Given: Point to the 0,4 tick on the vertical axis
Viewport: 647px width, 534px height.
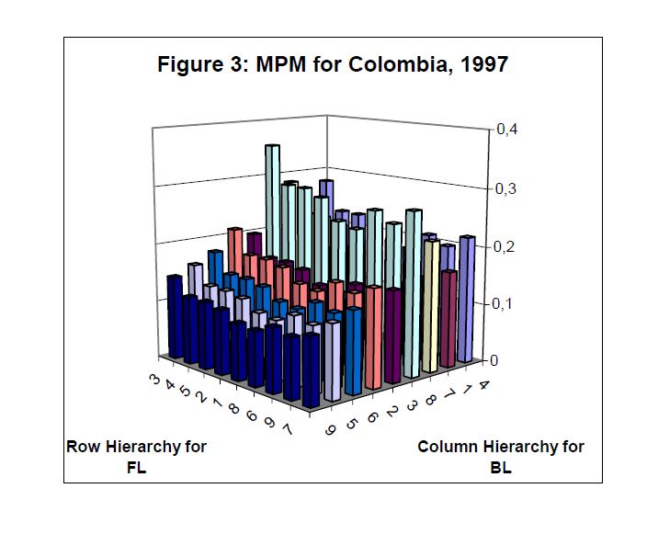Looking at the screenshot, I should pos(507,130).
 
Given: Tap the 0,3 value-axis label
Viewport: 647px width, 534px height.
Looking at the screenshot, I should pos(507,188).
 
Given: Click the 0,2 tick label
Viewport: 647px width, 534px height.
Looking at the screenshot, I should pos(507,246).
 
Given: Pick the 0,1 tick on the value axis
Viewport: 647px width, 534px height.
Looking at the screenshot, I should pos(507,303).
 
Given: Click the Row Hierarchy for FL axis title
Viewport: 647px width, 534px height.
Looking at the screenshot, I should pos(136,456).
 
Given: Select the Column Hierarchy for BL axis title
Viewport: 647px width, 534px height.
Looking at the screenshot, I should pos(501,456).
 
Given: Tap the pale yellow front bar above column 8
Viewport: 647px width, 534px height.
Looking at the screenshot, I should pos(431,303).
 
